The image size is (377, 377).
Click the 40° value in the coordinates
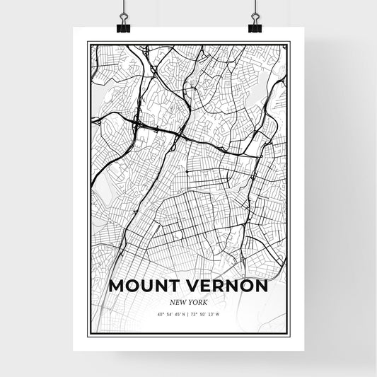point(161,314)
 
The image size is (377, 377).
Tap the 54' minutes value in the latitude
point(170,314)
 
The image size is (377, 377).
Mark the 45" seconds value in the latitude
point(178,314)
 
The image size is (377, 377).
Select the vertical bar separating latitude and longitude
point(189,314)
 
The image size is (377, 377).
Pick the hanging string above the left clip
point(123,6)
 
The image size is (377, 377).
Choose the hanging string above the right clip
point(255,6)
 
